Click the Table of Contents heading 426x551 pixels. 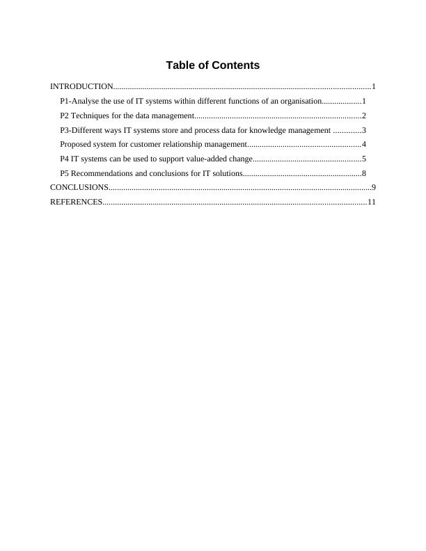pyautogui.click(x=212, y=65)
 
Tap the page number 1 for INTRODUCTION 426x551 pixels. pyautogui.click(x=374, y=87)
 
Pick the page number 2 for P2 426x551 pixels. pyautogui.click(x=364, y=115)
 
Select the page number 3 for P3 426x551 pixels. pyautogui.click(x=364, y=130)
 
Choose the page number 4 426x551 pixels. pyautogui.click(x=364, y=144)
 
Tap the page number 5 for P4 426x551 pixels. pyautogui.click(x=364, y=159)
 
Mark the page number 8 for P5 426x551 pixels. pyautogui.click(x=364, y=173)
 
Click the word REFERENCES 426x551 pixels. pyautogui.click(x=76, y=202)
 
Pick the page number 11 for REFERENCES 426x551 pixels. pyautogui.click(x=372, y=202)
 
